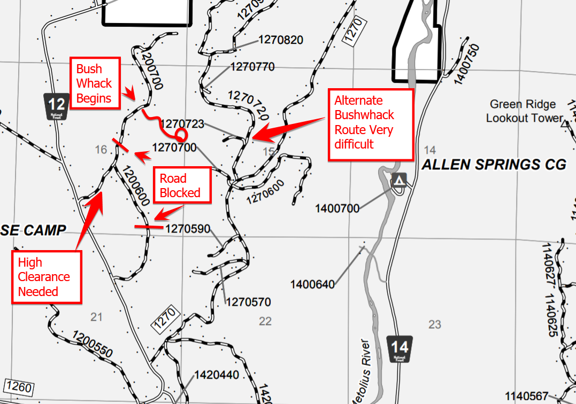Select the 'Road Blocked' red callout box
[x=180, y=185]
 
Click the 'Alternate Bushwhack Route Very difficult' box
[x=370, y=122]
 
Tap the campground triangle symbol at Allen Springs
[x=399, y=181]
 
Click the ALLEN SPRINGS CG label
[x=494, y=165]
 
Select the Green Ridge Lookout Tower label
[x=524, y=111]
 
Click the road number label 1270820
[x=281, y=40]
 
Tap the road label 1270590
[x=188, y=229]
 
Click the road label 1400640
[x=312, y=284]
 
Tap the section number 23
[x=434, y=324]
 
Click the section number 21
[x=96, y=317]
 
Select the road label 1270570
[x=249, y=302]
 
